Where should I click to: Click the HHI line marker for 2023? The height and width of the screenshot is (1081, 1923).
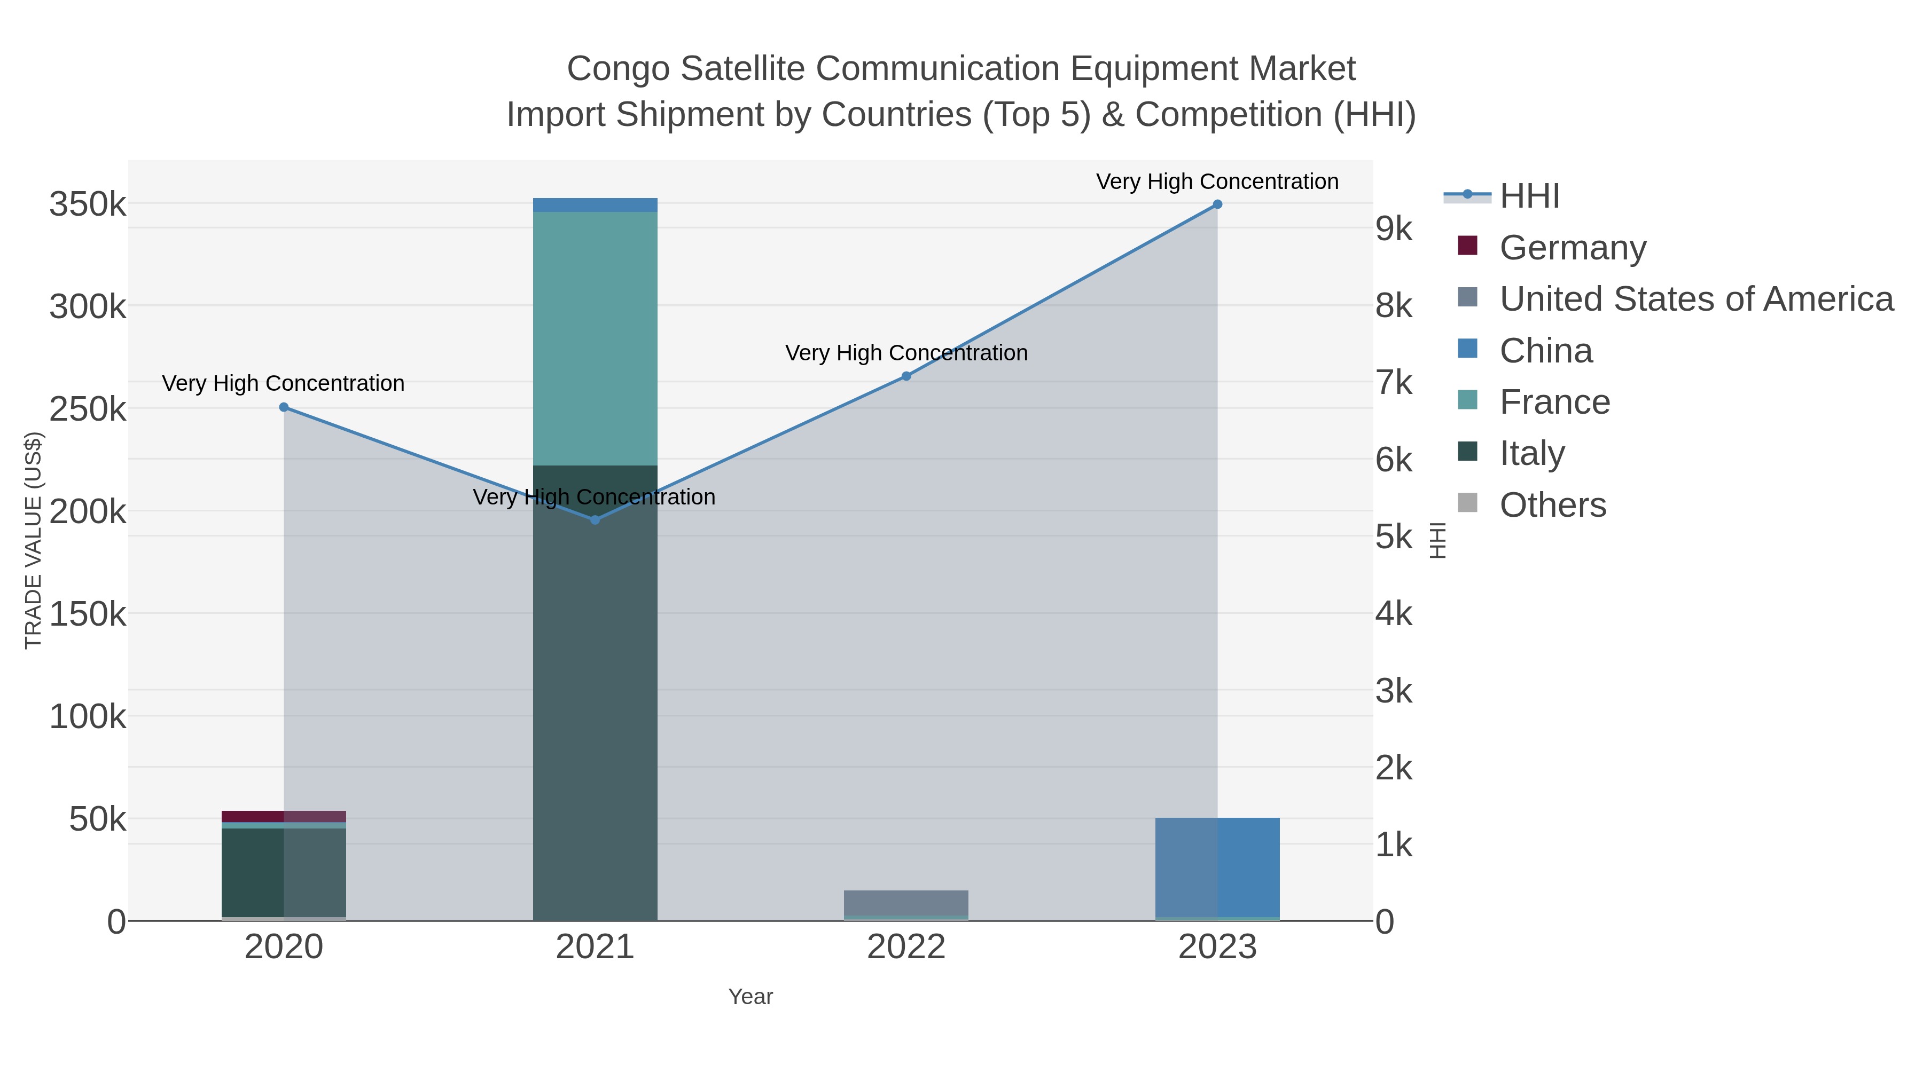point(1217,204)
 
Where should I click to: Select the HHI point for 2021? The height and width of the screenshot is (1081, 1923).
point(595,520)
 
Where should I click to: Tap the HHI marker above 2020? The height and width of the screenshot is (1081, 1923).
point(284,407)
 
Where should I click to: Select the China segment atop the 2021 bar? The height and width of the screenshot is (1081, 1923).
point(595,205)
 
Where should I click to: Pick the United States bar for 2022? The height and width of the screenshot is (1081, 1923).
point(906,903)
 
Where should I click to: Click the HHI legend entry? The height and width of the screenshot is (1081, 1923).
point(1529,196)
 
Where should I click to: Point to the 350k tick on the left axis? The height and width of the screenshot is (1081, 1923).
point(88,204)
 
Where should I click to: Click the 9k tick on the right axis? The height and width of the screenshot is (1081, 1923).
point(1394,229)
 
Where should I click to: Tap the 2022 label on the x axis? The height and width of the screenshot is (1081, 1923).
point(906,948)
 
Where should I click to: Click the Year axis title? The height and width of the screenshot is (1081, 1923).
point(751,997)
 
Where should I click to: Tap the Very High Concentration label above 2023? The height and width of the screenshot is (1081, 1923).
point(1217,182)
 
